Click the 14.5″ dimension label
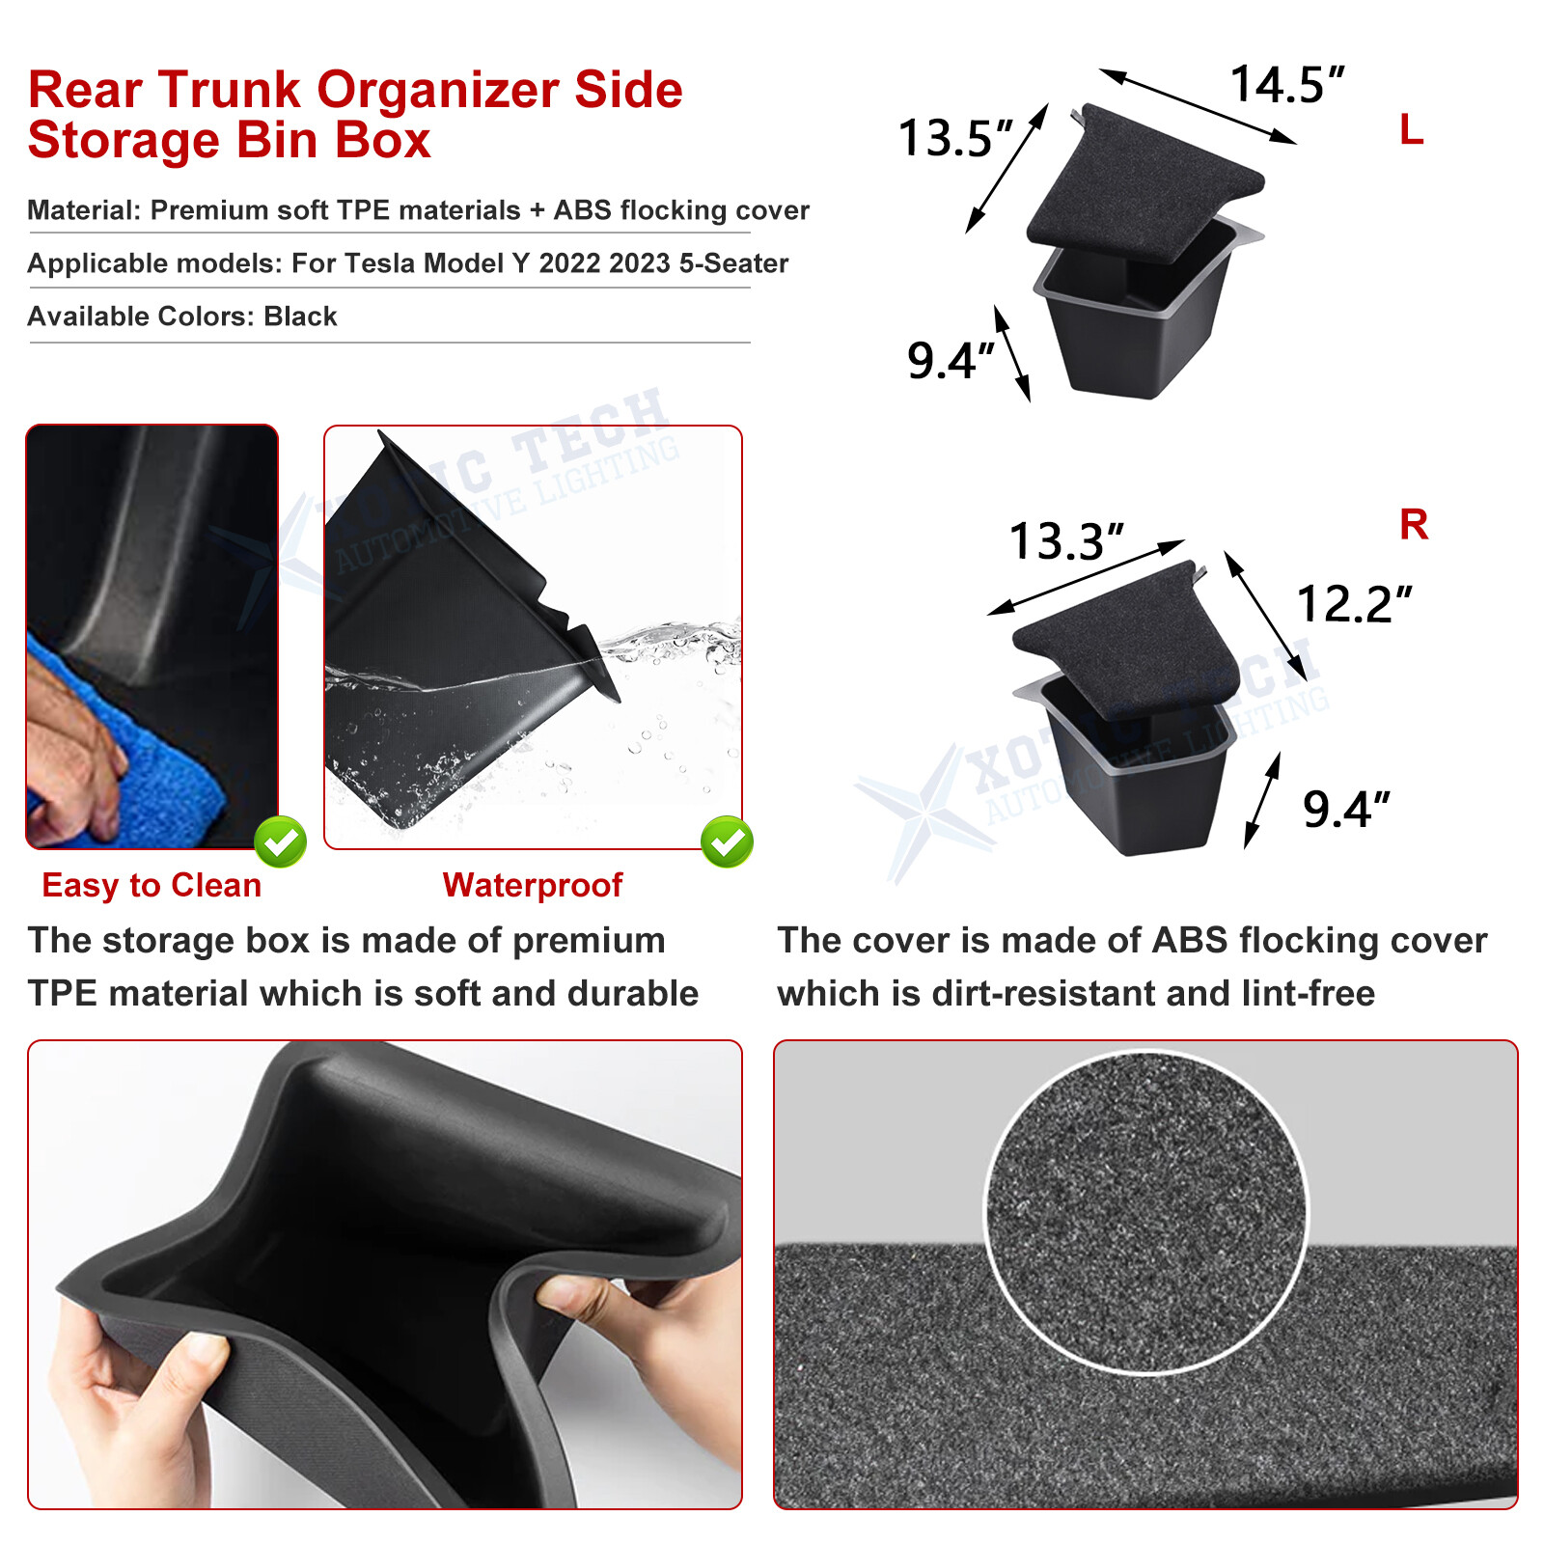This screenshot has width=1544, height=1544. [x=1286, y=85]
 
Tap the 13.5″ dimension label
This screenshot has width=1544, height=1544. [x=955, y=138]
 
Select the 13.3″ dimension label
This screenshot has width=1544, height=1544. [x=1065, y=541]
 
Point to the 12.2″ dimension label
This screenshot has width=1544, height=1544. [x=1353, y=605]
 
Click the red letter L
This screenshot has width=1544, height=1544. [x=1411, y=129]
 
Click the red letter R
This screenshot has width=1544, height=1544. [x=1413, y=525]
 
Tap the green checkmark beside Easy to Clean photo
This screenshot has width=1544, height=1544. [x=281, y=841]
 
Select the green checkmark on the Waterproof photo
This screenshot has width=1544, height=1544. [x=727, y=841]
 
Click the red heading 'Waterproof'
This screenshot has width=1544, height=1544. [x=533, y=885]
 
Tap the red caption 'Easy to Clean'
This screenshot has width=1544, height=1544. [x=152, y=885]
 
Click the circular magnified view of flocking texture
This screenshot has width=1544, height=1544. [x=1145, y=1211]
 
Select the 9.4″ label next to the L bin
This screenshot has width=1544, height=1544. [x=950, y=362]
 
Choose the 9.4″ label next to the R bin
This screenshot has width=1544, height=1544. [x=1345, y=810]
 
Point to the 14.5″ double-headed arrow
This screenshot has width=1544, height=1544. [x=1198, y=106]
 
